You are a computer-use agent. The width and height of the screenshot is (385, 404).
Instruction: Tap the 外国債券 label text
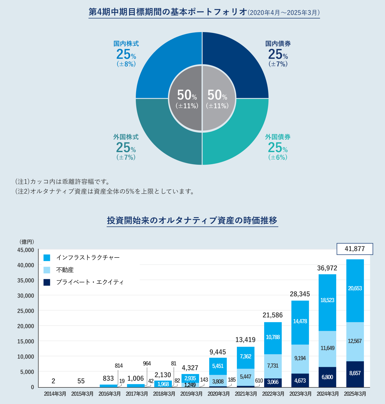point(278,137)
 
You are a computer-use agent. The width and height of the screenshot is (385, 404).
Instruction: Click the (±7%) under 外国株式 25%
point(126,157)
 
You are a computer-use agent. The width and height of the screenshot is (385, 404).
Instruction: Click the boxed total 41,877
point(355,249)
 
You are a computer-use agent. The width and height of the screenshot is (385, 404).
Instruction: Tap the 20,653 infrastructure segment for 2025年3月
point(355,288)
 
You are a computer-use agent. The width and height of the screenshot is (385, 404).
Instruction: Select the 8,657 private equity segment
point(355,373)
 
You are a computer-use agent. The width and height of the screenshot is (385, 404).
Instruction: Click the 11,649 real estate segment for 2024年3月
point(327,348)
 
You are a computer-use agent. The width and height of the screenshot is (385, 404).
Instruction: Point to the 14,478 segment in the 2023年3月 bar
point(300,321)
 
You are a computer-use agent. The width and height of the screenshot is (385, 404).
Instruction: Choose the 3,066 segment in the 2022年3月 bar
point(273,382)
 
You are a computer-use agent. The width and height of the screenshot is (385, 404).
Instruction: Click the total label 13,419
point(245,340)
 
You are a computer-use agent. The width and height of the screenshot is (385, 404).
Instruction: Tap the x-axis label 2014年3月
point(55,394)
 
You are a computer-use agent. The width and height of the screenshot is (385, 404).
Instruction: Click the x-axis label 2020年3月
point(219,394)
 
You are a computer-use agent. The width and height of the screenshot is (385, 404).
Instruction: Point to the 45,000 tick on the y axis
point(26,250)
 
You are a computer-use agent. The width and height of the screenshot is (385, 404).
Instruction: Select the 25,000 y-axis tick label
point(26,311)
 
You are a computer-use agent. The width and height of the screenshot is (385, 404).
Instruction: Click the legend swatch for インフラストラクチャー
point(47,258)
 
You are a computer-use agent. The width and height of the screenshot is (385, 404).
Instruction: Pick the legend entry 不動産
point(65,270)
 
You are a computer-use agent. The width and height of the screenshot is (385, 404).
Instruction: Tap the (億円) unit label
point(27,242)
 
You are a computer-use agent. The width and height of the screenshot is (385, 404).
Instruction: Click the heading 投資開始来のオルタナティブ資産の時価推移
point(192,220)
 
